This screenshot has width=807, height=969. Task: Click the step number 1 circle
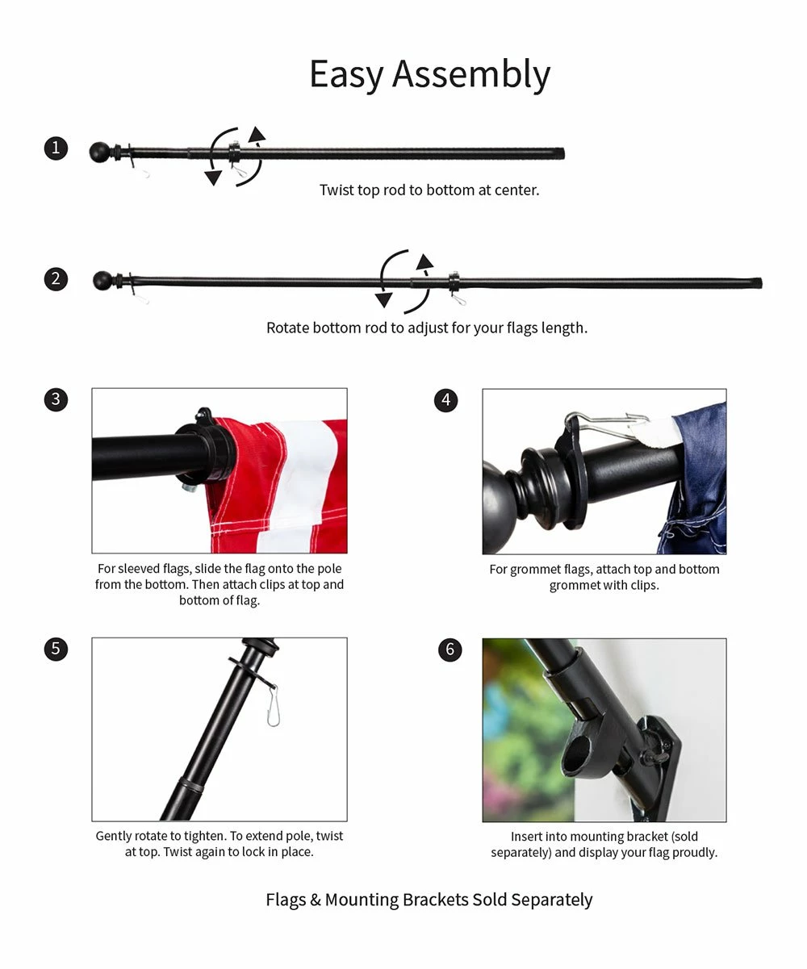click(56, 148)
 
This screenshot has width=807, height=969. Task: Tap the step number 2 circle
click(56, 279)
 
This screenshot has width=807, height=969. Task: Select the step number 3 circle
click(56, 399)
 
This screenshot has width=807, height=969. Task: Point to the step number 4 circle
click(445, 400)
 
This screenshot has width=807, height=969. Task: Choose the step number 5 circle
click(56, 649)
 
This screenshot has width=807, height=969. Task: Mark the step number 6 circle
click(450, 649)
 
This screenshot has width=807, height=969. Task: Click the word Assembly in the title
click(470, 75)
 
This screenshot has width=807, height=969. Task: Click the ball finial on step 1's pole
click(100, 152)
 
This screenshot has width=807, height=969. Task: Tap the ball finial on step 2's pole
click(103, 281)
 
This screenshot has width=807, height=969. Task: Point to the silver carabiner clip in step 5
click(273, 706)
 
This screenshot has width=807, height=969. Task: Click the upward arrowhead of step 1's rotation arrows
click(256, 134)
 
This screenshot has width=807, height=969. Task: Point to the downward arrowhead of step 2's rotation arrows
click(383, 300)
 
